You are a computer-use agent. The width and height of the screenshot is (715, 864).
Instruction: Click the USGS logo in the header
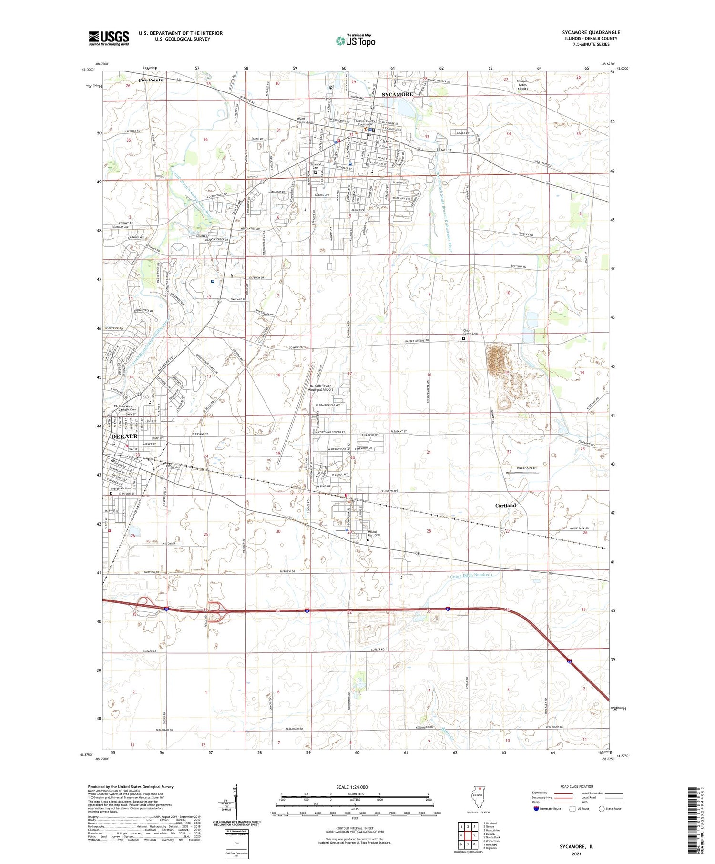tap(109, 38)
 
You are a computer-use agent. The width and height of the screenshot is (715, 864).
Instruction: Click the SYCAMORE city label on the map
tap(397, 94)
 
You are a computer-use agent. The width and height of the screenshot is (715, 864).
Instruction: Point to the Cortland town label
tap(505, 505)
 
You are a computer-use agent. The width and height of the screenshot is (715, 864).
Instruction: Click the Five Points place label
tap(151, 80)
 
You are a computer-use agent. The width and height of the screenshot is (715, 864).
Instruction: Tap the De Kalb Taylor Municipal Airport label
tap(327, 388)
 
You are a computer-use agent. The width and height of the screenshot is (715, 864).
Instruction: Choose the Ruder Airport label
tap(527, 468)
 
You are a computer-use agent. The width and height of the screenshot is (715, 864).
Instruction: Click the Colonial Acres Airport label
tap(522, 85)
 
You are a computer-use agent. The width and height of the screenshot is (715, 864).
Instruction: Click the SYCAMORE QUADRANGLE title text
tap(591, 32)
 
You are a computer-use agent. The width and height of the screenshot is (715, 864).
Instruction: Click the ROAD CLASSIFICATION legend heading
tap(576, 787)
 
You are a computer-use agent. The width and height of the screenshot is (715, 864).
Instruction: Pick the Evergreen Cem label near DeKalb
tap(121, 488)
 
